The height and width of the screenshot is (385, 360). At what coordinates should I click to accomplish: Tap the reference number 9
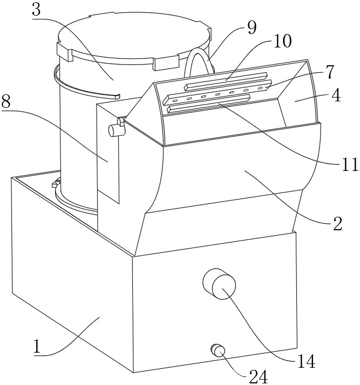coord(252,29)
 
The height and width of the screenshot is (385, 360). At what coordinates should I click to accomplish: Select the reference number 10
coord(283,42)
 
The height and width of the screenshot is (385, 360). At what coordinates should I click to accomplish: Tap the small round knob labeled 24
coord(218,350)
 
